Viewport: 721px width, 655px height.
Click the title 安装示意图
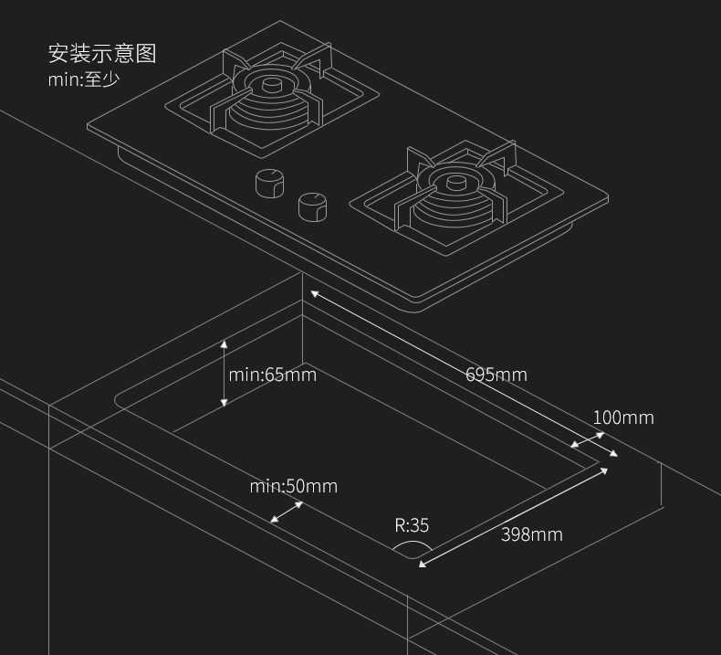point(102,53)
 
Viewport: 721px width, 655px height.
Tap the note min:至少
point(84,79)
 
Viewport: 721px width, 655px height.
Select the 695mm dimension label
point(496,375)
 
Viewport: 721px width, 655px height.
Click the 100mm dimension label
point(623,417)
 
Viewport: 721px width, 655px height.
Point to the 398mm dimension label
point(531,534)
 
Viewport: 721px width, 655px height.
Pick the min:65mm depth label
point(272,375)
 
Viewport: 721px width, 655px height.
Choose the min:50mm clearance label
point(293,486)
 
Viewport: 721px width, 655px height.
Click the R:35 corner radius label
point(412,525)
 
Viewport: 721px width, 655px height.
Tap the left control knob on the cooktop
point(268,184)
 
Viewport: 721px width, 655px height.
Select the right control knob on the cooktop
point(312,206)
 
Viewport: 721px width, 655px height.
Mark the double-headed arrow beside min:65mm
point(225,374)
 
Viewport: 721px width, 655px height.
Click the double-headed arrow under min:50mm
point(287,512)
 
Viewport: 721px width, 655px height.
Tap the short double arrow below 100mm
point(587,440)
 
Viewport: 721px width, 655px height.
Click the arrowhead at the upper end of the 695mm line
point(313,293)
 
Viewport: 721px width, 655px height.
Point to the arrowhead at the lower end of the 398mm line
point(422,565)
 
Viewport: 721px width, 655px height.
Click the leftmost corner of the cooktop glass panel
point(89,127)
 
